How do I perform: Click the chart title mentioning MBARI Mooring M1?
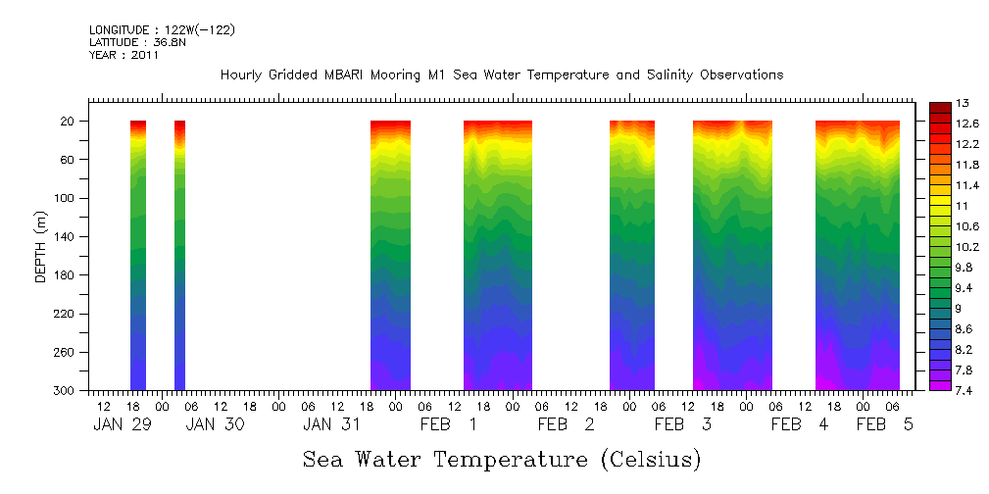coord(502,75)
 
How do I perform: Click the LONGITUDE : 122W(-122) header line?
coord(162,30)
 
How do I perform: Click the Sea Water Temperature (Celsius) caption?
coord(502,460)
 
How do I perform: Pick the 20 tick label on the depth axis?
coord(69,122)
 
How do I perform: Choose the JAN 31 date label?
coord(332,425)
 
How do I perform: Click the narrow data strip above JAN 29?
coord(138,255)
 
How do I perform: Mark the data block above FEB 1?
coord(498,255)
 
